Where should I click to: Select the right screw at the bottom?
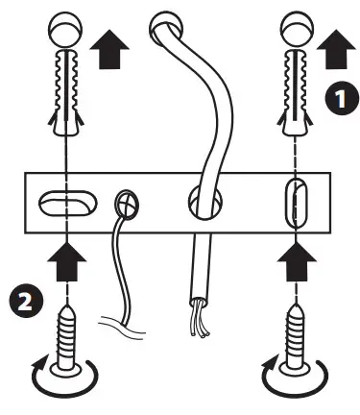[x=296, y=341]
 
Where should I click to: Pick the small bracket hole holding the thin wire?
[x=125, y=203]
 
